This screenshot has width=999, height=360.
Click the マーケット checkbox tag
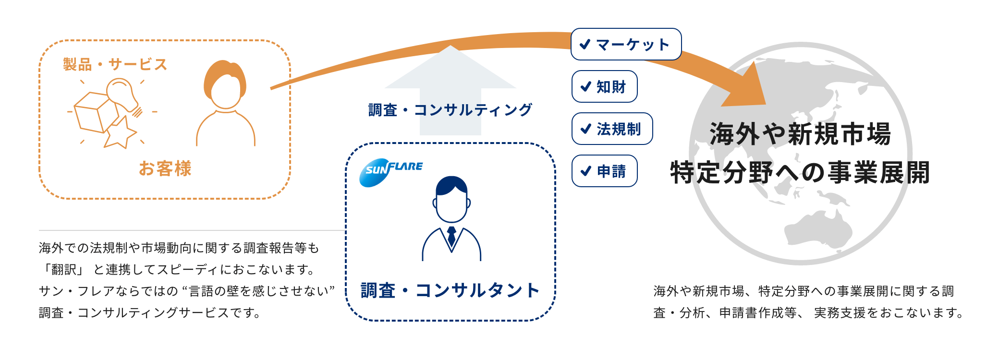[626, 45]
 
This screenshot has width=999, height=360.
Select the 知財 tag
[604, 87]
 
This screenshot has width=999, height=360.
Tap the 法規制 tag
[612, 129]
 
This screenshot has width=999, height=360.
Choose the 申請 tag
[604, 171]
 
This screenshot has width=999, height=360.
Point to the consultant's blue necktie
[451, 236]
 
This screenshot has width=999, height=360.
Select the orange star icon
[120, 133]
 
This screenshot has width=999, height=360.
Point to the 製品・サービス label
[115, 64]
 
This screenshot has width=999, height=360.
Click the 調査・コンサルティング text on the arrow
[450, 110]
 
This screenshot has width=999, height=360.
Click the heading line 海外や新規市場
[800, 134]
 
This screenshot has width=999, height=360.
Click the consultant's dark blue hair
[451, 184]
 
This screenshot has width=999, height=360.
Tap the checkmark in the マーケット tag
[585, 45]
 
